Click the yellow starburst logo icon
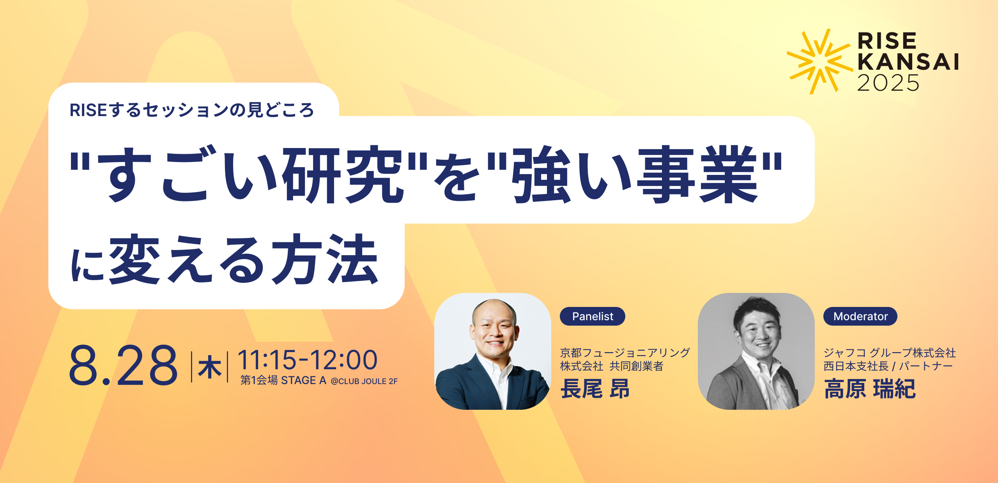click(819, 62)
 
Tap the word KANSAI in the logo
click(908, 62)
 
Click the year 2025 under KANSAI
click(888, 83)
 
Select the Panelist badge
click(593, 316)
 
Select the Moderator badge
click(860, 316)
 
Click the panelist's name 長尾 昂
click(595, 389)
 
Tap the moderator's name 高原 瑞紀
click(870, 389)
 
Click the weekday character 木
click(210, 368)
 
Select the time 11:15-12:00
click(308, 360)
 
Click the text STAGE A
click(304, 380)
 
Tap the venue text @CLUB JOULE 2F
click(364, 381)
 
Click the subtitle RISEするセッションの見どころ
click(192, 110)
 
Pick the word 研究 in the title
click(343, 174)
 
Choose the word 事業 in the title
click(697, 174)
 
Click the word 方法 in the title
click(325, 259)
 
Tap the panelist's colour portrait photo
click(493, 351)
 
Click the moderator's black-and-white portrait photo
click(756, 351)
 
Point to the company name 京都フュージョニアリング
click(625, 353)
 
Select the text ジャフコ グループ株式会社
click(890, 353)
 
